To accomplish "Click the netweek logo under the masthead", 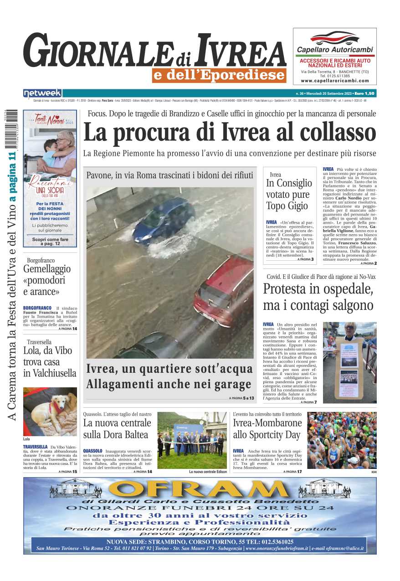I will (42, 93).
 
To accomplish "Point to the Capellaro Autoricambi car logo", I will (335, 37).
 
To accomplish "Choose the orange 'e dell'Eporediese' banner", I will (219, 75).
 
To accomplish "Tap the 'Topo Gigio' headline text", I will (287, 206).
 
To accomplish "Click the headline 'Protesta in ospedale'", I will (318, 289).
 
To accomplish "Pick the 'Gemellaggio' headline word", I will (47, 269).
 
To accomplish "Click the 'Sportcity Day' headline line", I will (267, 435).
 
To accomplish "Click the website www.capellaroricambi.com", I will (335, 81).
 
